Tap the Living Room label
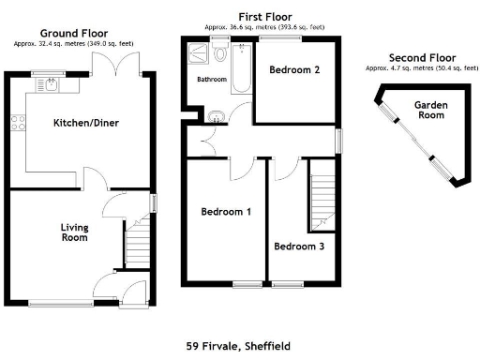(74, 232)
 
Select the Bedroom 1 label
(226, 212)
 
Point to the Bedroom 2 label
(294, 70)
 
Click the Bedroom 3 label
(299, 247)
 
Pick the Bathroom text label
(211, 80)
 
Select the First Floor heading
(264, 17)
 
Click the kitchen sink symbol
(47, 85)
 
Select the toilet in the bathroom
(219, 53)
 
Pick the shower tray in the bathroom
(199, 55)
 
